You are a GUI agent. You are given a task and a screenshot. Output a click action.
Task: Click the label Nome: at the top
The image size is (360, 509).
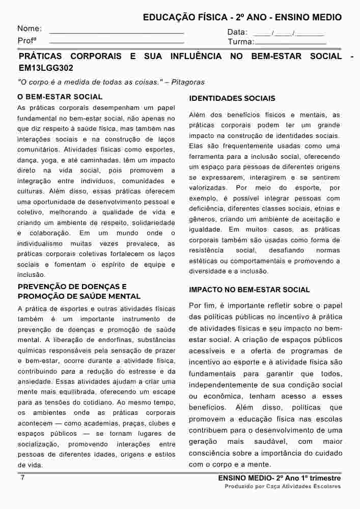pyautogui.click(x=30, y=29)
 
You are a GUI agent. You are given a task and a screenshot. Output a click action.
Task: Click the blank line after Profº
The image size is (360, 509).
pyautogui.click(x=117, y=42)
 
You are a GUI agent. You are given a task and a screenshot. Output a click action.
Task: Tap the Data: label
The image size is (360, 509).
pyautogui.click(x=237, y=33)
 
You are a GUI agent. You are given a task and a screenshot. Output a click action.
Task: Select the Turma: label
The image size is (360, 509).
pyautogui.click(x=240, y=42)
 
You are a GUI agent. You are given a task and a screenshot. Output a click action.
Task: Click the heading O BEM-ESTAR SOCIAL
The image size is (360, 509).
pyautogui.click(x=60, y=97)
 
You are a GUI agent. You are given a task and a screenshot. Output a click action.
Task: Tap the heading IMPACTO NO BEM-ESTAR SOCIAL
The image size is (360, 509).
pyautogui.click(x=249, y=290)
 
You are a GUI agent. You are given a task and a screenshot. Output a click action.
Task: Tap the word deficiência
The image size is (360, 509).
pyautogui.click(x=208, y=208)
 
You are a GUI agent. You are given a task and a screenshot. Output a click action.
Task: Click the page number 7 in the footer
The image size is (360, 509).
pyautogui.click(x=22, y=478)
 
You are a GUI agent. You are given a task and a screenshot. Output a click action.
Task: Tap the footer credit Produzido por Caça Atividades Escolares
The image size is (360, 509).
pyautogui.click(x=283, y=487)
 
